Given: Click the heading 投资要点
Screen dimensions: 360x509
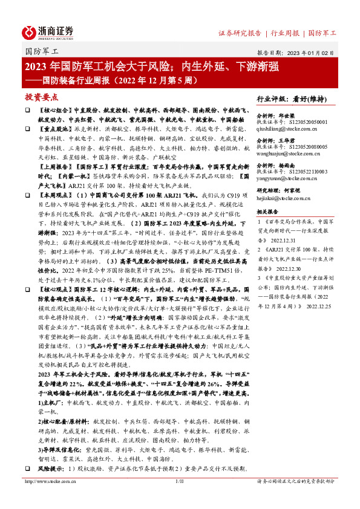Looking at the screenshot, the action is coord(41,97).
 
